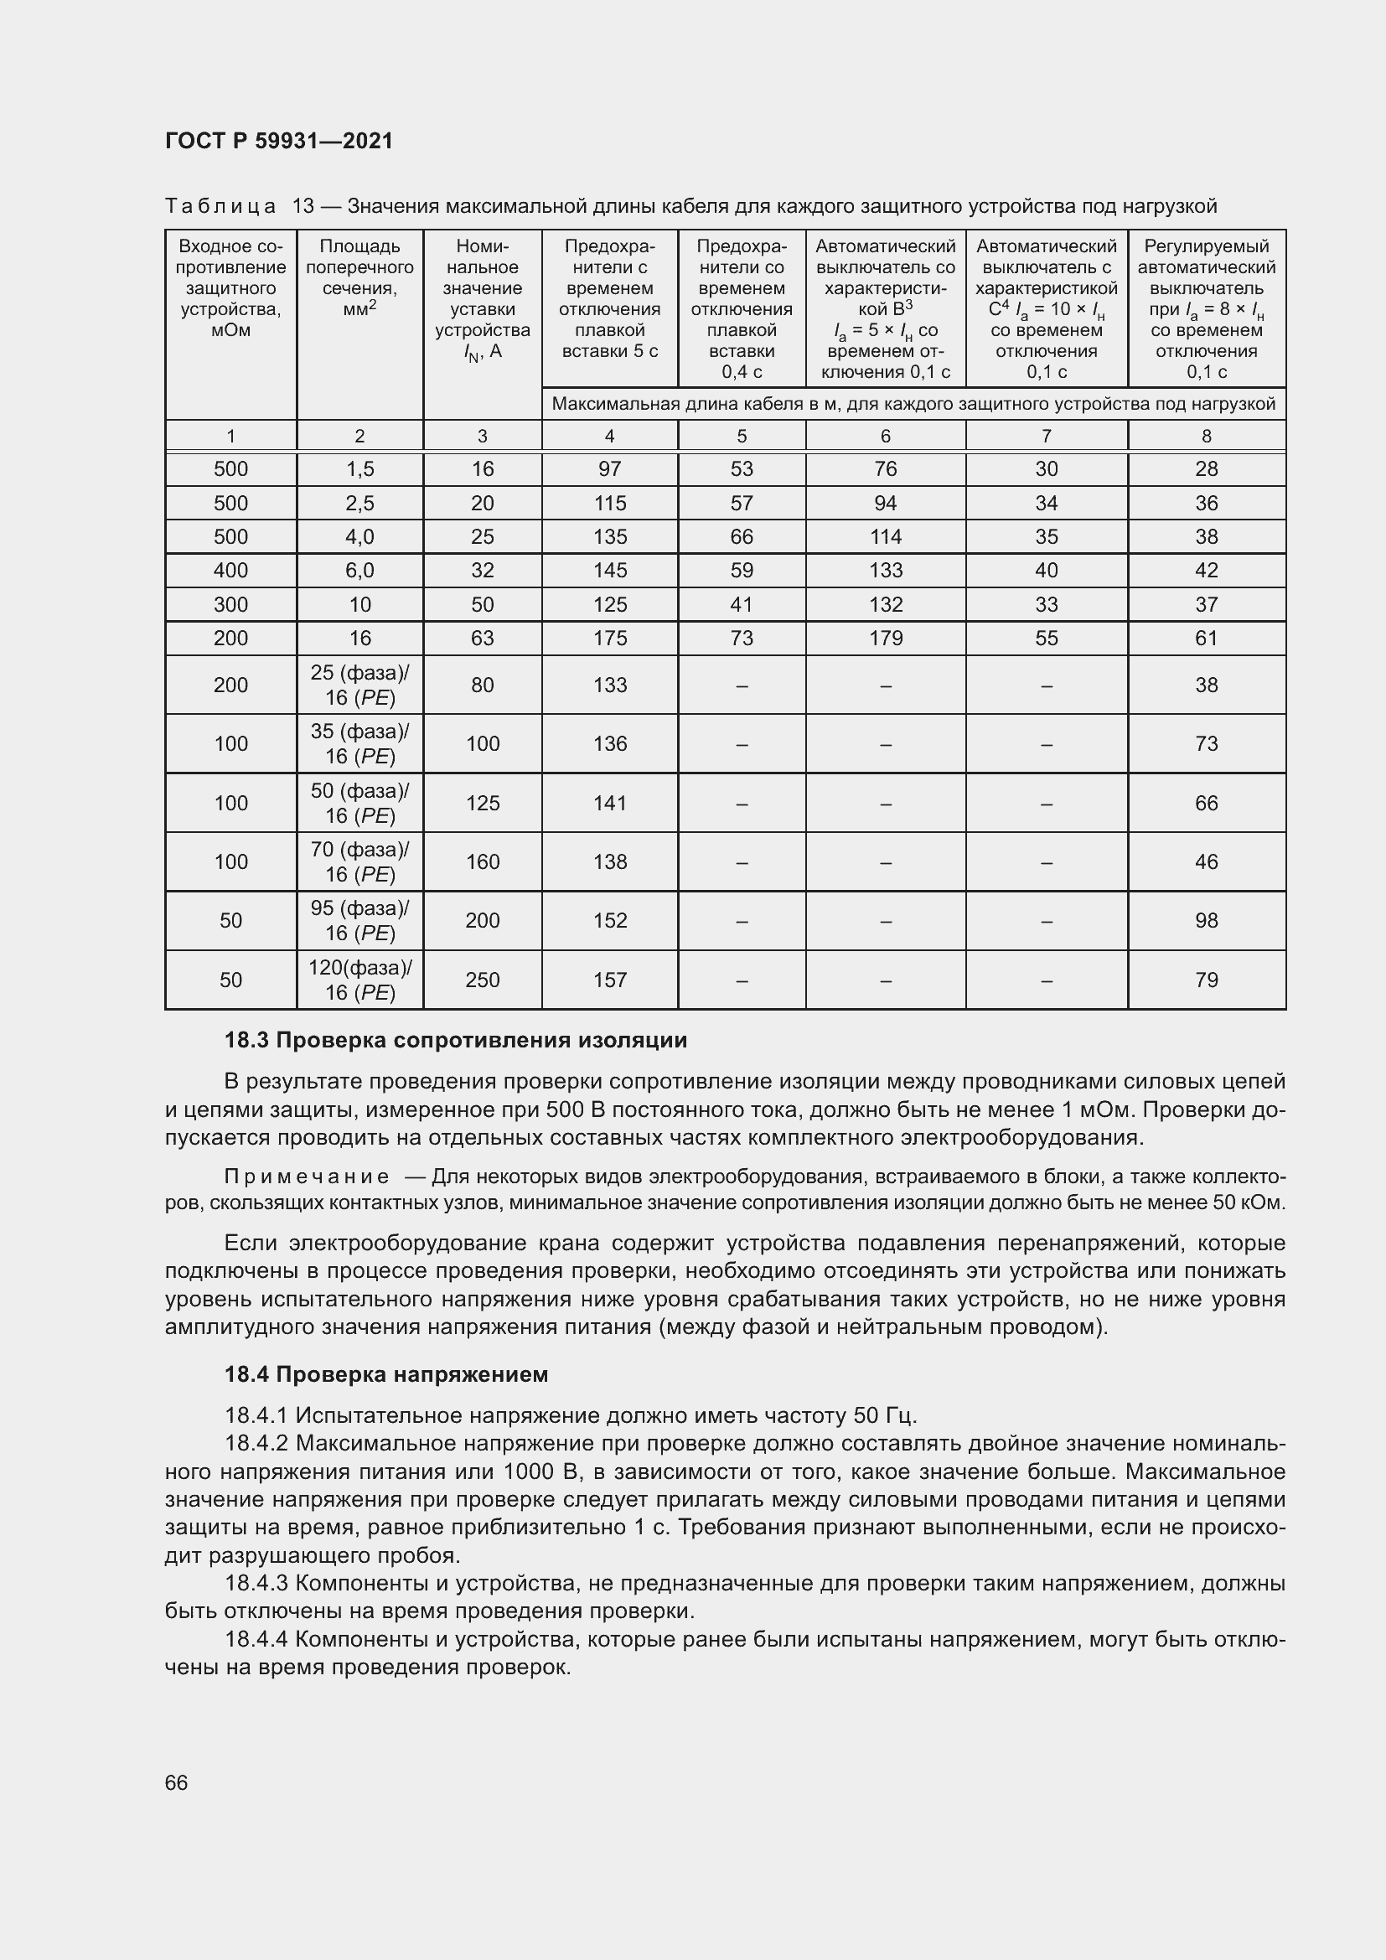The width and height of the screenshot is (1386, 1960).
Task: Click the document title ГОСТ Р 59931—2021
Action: point(279,141)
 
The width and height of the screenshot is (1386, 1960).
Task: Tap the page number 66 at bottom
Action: point(176,1782)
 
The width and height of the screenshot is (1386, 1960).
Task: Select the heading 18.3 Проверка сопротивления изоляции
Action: point(455,1040)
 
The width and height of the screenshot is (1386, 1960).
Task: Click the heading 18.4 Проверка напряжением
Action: point(385,1374)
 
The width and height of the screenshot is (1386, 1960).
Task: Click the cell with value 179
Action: point(885,638)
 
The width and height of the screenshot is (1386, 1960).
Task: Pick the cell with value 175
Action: point(609,638)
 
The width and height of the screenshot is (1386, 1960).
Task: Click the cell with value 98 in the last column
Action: point(1206,920)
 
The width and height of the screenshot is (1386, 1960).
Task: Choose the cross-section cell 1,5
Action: point(359,468)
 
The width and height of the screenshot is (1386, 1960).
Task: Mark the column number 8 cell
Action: point(1206,437)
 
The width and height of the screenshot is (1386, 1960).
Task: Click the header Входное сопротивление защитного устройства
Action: point(230,288)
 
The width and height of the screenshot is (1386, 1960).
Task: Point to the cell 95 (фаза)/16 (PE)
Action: point(359,920)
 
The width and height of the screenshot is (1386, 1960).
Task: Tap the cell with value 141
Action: point(609,803)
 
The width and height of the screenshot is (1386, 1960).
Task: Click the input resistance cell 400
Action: point(230,571)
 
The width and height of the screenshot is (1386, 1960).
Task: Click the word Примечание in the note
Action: point(307,1177)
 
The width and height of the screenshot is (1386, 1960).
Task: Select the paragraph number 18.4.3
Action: point(257,1584)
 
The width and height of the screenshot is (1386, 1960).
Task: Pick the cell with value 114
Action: point(885,536)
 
